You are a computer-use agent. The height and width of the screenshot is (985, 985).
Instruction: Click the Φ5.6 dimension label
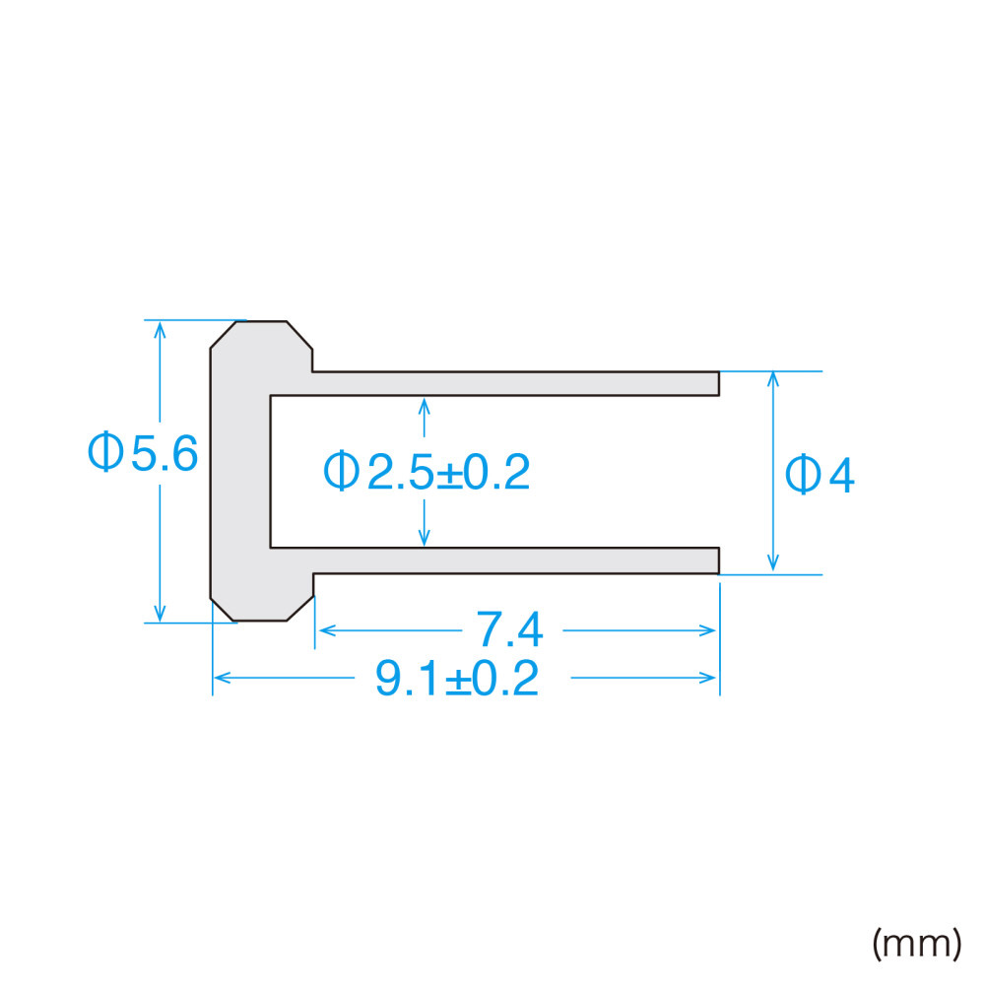143,452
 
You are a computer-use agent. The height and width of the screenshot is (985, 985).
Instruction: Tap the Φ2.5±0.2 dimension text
427,471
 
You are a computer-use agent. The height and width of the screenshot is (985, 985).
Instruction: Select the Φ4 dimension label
820,475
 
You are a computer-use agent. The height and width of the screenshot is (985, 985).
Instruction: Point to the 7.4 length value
509,628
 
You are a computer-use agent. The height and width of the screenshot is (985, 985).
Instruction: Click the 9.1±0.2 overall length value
457,679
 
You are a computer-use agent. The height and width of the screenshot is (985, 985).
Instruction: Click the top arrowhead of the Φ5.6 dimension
161,329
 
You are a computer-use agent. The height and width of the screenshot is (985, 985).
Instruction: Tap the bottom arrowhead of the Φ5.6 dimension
161,614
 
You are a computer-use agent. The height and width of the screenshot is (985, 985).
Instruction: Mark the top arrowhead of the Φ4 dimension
773,379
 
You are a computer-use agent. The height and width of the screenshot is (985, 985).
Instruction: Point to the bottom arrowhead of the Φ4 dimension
773,564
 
